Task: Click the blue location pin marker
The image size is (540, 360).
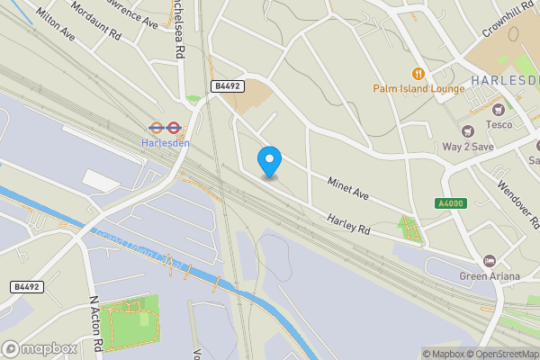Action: pos(269,161)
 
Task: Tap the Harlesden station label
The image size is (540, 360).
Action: pos(166,143)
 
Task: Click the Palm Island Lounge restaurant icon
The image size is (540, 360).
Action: pos(418,73)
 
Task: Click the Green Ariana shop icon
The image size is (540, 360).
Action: pos(490,260)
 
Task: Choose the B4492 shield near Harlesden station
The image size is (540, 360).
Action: pos(226,85)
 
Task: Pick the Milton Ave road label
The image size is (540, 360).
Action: pos(54,24)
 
